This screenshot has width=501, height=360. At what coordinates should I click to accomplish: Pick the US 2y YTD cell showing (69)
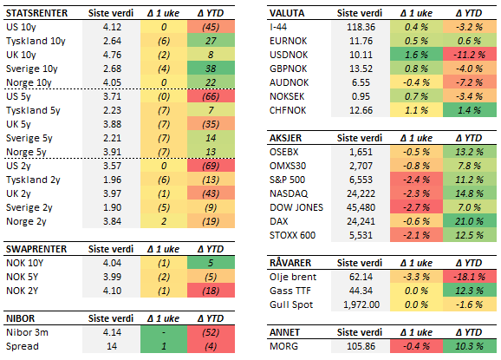point(211,165)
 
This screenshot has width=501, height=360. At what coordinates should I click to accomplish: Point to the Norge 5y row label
point(25,151)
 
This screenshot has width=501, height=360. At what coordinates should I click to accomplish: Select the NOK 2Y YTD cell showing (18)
point(211,291)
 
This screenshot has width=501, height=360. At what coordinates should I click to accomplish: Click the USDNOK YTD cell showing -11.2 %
point(463,55)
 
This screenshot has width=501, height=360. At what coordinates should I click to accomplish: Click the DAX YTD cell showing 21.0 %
point(463,220)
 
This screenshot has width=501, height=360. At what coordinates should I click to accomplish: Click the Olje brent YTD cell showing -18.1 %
point(463,276)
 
